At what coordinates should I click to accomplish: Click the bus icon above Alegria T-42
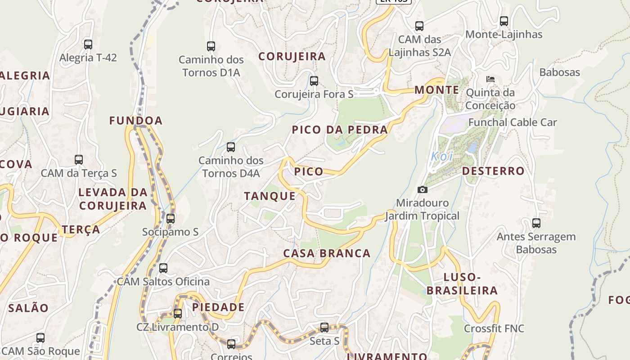pos(88,45)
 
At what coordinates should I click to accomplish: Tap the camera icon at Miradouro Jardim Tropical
pos(422,189)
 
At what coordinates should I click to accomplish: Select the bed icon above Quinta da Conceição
pos(490,79)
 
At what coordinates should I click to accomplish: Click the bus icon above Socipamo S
pos(171,219)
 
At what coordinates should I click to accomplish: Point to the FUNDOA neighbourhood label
pos(136,121)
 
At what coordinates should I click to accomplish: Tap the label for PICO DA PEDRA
pos(340,130)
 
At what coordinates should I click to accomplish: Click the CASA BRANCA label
pos(327,253)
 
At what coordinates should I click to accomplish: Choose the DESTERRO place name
pos(493,171)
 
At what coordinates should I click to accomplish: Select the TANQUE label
pos(270,196)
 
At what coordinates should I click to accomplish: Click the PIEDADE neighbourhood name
pos(218,307)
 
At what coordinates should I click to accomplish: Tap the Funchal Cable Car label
pos(513,122)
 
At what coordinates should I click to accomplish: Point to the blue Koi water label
pos(442,157)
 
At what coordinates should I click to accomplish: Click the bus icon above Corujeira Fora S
pos(314,81)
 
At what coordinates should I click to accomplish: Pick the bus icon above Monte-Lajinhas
pos(504,21)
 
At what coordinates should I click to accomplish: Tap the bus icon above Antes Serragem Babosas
pos(536,223)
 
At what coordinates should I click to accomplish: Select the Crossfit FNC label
pos(494,328)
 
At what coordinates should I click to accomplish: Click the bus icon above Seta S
pos(324,328)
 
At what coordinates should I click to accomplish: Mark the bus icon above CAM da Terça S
pos(79,160)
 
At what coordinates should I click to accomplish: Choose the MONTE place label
pos(436,90)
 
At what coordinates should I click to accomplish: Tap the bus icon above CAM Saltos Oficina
pos(163,268)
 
